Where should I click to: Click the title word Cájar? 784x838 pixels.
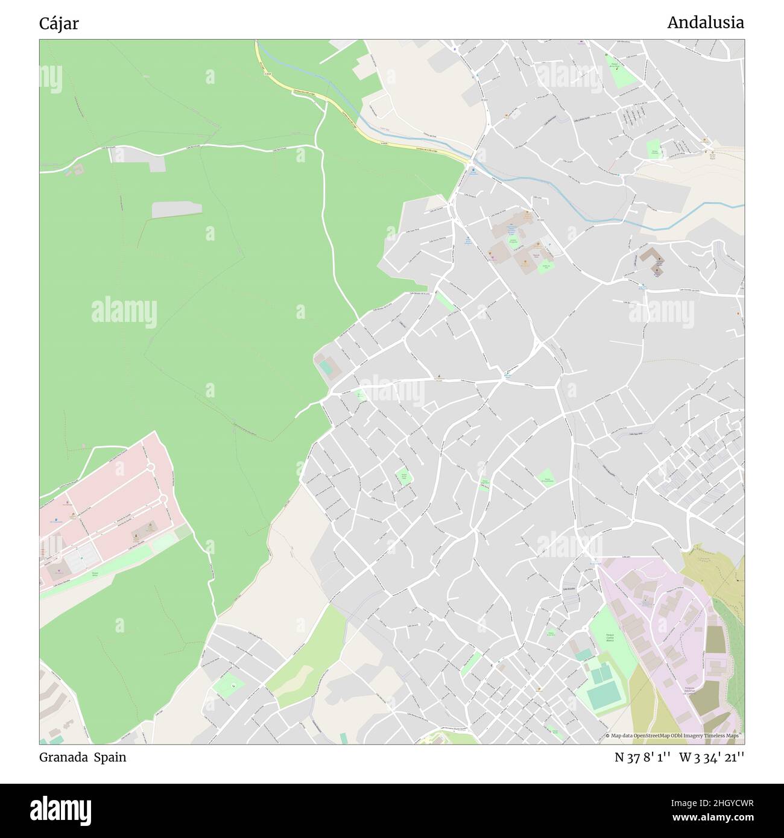(58, 24)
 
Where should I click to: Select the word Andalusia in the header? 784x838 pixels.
(705, 23)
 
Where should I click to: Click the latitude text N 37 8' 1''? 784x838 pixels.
(643, 757)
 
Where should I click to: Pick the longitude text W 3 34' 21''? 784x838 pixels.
(712, 757)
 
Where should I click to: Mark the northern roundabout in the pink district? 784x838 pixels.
(151, 467)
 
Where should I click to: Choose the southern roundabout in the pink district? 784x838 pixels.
(162, 499)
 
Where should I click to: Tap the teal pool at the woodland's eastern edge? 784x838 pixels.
(326, 366)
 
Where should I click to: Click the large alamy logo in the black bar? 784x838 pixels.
(62, 810)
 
